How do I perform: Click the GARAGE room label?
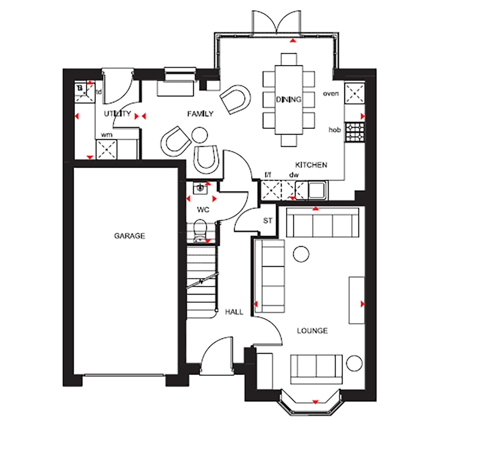click(130, 236)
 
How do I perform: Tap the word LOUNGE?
click(312, 331)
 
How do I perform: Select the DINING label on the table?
click(288, 100)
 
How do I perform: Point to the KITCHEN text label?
click(311, 165)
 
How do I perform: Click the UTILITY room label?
click(117, 114)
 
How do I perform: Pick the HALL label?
click(234, 312)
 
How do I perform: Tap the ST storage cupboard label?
click(267, 220)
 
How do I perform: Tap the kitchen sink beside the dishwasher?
click(317, 190)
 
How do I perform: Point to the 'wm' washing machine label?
click(107, 135)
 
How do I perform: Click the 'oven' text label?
click(331, 93)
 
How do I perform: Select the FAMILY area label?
click(200, 114)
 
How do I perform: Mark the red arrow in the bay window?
click(315, 401)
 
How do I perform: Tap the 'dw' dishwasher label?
click(295, 175)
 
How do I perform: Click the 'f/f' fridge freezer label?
click(268, 175)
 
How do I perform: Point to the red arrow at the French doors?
click(293, 41)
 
